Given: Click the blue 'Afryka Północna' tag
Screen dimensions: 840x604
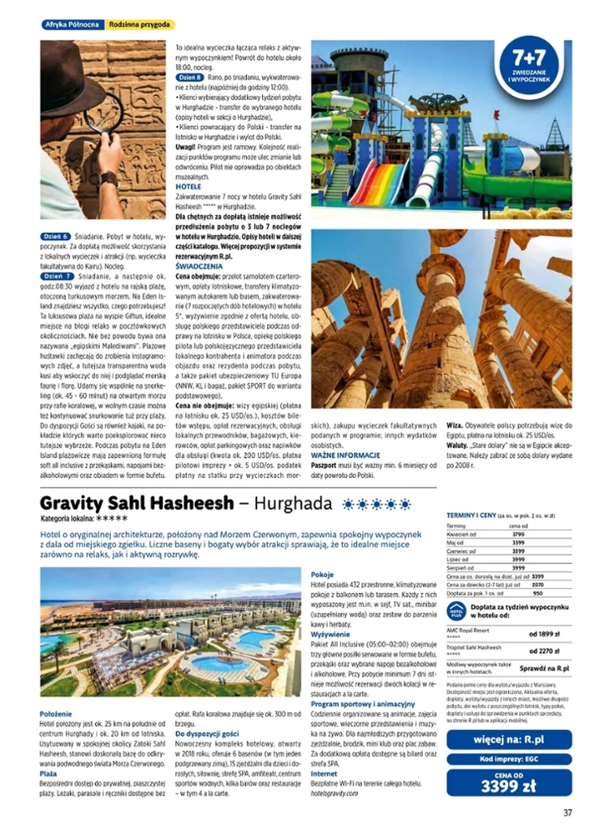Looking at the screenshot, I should tap(71, 25).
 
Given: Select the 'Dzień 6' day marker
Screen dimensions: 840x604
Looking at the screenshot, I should tap(54, 237).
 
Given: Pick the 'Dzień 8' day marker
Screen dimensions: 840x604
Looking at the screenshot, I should tap(189, 77).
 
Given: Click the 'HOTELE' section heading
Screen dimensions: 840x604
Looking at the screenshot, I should tap(189, 185).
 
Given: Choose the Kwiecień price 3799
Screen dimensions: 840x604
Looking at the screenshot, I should tap(518, 534).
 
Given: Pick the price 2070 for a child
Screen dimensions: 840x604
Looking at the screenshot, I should tap(538, 584).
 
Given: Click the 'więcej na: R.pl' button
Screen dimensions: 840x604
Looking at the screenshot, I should tap(509, 738).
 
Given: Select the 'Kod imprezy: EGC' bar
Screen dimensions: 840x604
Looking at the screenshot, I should tap(509, 759).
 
